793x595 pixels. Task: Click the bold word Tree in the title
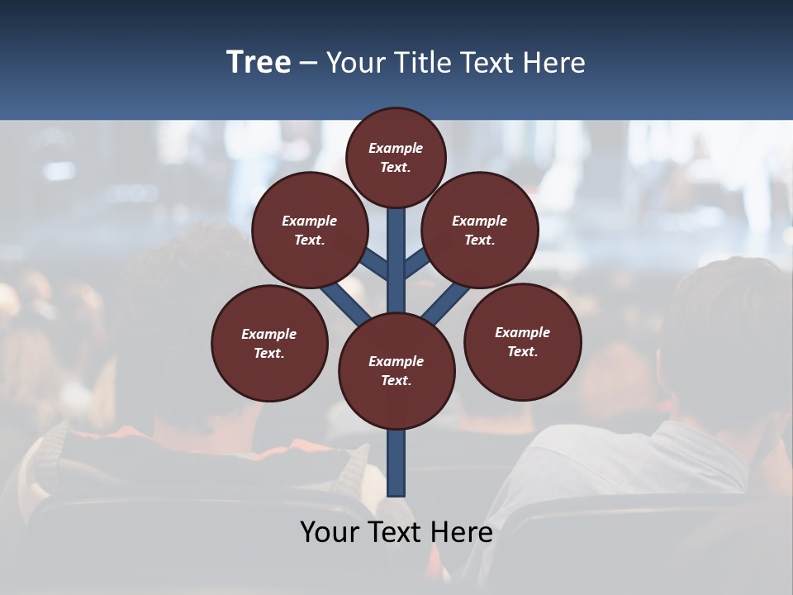tap(259, 63)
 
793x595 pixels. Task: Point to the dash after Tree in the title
tap(308, 64)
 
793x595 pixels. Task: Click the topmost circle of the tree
tap(396, 157)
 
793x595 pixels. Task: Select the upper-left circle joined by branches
tap(309, 230)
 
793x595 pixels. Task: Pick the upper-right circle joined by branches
tap(480, 230)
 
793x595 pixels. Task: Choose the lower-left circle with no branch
tap(269, 343)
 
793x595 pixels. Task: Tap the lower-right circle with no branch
tap(522, 341)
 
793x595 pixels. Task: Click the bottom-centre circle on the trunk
tap(396, 371)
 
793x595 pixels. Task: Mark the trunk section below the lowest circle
tap(396, 463)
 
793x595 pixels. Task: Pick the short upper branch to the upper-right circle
tap(415, 264)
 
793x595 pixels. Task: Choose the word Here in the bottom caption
tap(464, 532)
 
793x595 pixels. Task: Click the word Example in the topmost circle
tap(396, 148)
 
